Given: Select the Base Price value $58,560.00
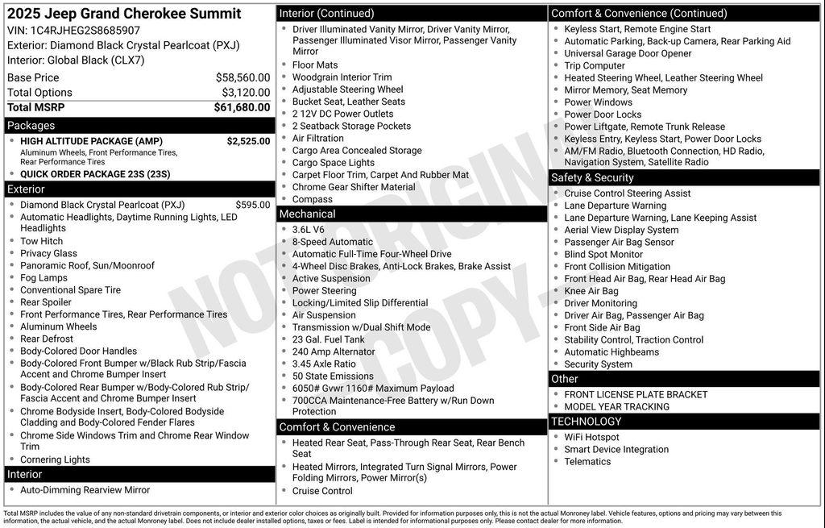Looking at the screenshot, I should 243,77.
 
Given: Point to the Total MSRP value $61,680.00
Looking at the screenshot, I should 242,107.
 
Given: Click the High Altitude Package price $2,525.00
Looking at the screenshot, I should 248,141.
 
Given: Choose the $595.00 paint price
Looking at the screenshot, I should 253,205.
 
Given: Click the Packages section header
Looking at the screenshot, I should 31,126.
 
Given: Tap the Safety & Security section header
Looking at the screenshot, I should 592,177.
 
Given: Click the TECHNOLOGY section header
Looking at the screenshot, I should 586,421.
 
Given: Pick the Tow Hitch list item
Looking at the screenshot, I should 41,241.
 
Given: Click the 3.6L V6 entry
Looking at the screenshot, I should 308,230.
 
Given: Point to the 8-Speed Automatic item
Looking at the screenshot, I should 332,242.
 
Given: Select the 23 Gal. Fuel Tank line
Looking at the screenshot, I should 328,339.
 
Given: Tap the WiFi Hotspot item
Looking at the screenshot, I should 591,437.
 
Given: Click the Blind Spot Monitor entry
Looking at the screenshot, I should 603,254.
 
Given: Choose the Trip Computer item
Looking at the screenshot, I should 595,65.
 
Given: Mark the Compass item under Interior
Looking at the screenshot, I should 312,199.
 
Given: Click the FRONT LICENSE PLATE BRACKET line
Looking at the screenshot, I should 636,394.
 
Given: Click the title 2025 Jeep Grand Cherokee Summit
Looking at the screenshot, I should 124,14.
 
